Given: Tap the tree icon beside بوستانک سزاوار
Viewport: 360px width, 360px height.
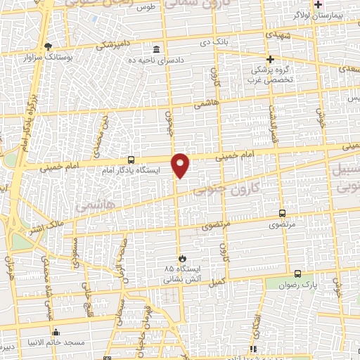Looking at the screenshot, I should (x=48, y=46).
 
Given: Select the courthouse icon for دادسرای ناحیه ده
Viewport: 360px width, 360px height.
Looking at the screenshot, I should (x=156, y=49).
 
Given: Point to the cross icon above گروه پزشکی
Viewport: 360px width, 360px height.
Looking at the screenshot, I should (x=270, y=59).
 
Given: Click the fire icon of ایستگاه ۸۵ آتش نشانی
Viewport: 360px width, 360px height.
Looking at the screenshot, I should (x=181, y=258).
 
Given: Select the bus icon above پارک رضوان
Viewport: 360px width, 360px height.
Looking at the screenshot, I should (x=297, y=274).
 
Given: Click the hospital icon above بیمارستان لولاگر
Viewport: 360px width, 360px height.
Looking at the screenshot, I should (x=318, y=4).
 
